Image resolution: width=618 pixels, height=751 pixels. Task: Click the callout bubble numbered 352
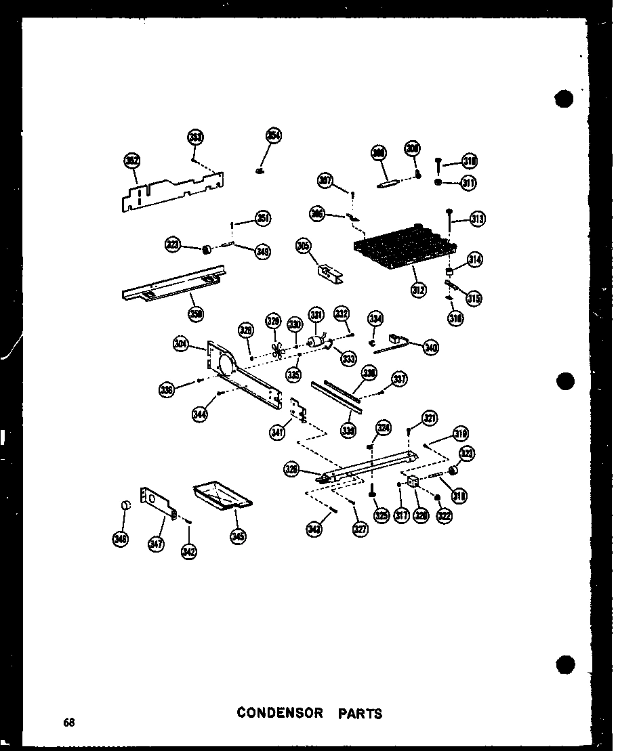pyautogui.click(x=131, y=160)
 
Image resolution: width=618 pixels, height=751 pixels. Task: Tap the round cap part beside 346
pyautogui.click(x=125, y=506)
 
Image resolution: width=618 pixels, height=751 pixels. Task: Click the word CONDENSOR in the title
pyautogui.click(x=275, y=713)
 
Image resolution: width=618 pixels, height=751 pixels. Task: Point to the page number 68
pyautogui.click(x=69, y=722)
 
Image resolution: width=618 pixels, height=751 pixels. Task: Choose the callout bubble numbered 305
pyautogui.click(x=302, y=246)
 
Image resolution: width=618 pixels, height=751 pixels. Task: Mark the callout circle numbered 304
pyautogui.click(x=180, y=343)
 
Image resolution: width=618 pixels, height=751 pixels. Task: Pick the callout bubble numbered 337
pyautogui.click(x=399, y=379)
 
